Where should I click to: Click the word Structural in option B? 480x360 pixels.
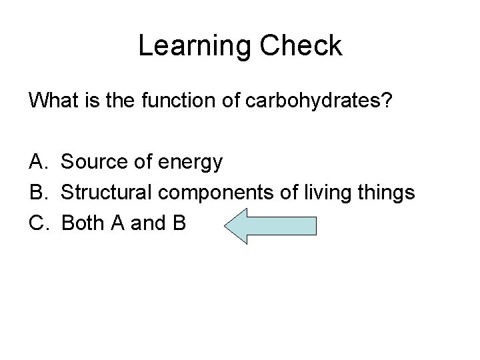(x=106, y=193)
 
